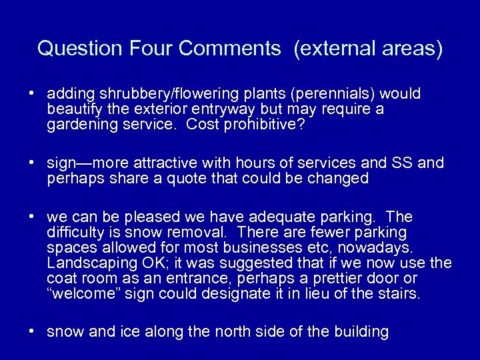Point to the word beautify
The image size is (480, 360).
74,109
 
